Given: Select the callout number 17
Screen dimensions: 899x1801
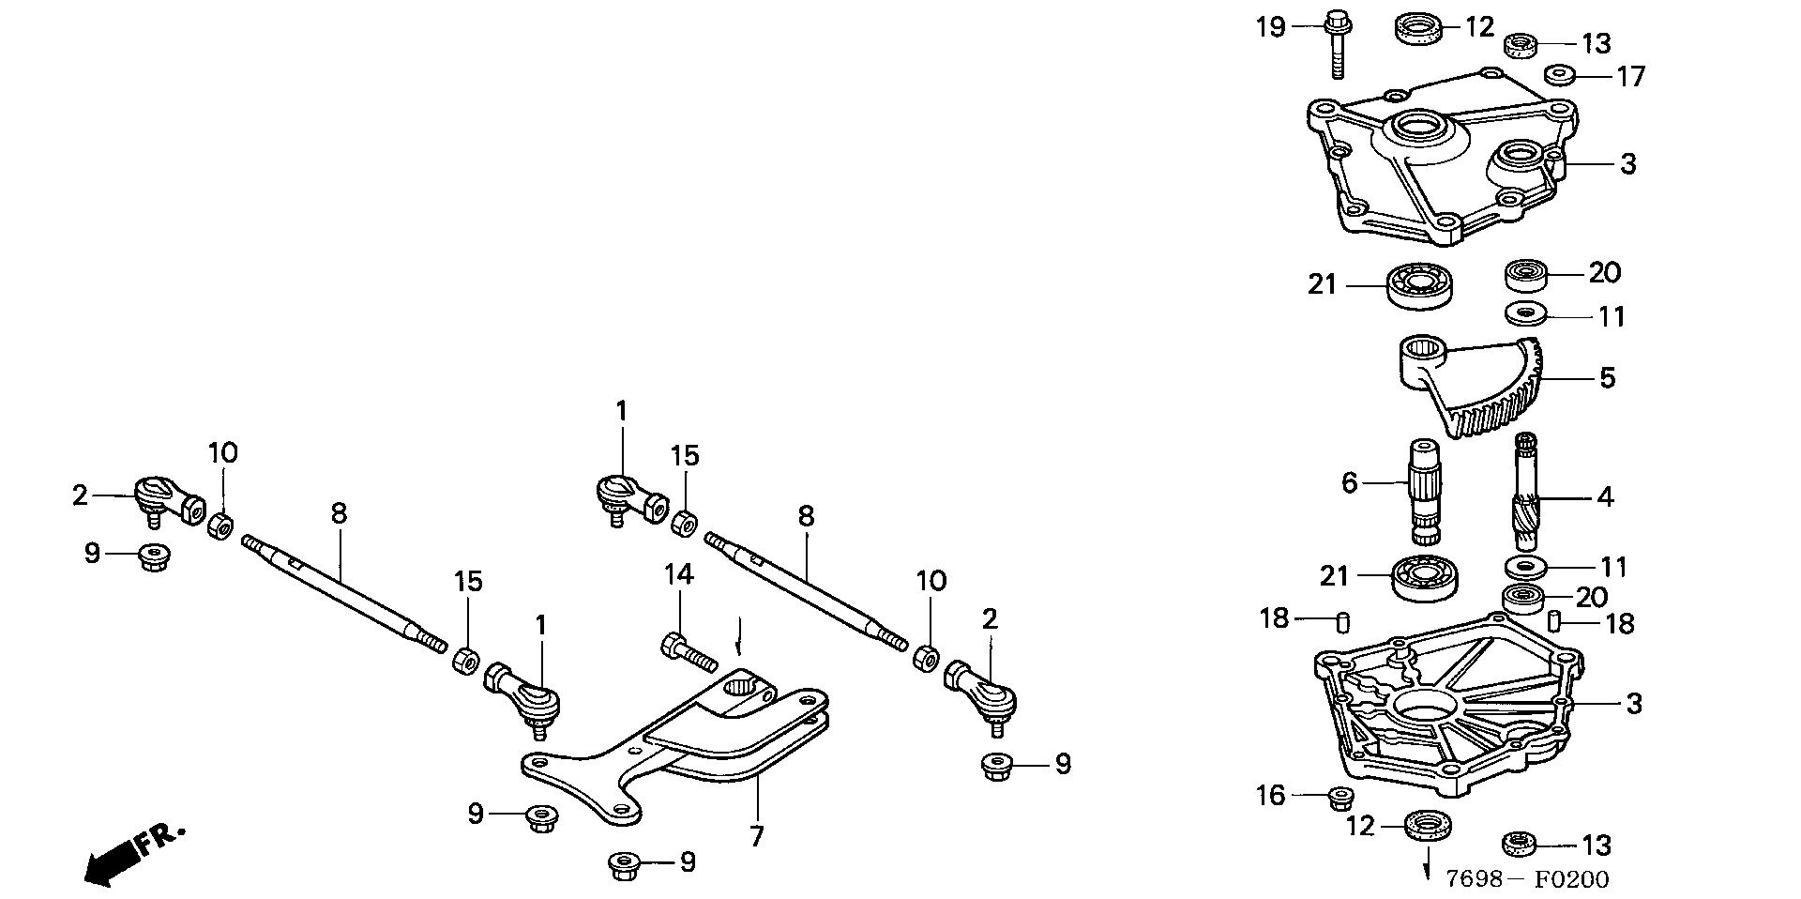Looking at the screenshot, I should (1631, 75).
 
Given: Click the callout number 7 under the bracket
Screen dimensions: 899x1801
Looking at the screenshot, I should (756, 836).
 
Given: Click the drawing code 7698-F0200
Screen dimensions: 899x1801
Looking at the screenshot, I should (1526, 879).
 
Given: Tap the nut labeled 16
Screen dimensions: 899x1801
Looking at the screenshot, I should (1340, 799).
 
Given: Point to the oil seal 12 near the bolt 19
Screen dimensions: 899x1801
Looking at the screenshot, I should (1419, 28).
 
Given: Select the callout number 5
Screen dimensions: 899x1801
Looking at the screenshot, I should (1607, 378).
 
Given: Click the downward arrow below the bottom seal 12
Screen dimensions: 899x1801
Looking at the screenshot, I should (1429, 861).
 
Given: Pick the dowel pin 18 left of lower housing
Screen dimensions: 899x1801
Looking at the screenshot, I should (1342, 621).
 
